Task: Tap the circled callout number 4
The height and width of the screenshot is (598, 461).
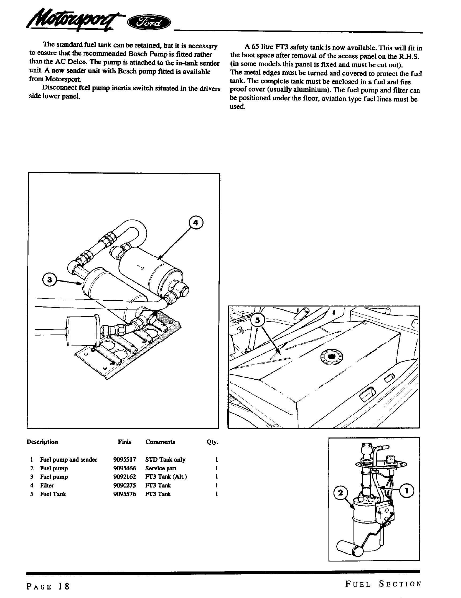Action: click(196, 223)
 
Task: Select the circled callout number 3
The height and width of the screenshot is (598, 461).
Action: click(49, 280)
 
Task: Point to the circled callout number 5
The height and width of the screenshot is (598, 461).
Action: click(257, 322)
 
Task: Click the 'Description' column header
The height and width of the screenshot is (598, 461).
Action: click(42, 442)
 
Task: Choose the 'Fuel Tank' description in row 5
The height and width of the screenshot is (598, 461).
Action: click(53, 494)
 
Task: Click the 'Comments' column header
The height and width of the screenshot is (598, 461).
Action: click(160, 442)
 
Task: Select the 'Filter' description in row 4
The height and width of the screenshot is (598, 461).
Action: click(47, 485)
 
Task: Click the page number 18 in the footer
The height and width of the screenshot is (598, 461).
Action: click(63, 586)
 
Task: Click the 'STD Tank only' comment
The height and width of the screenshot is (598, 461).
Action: click(165, 460)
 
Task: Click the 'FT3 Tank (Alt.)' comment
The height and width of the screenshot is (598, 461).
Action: click(166, 477)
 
